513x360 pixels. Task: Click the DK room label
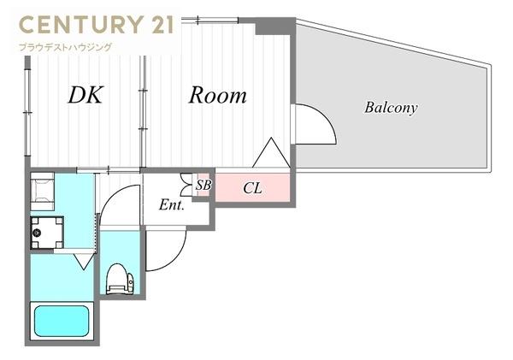click(85, 95)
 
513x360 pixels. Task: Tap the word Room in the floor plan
click(218, 95)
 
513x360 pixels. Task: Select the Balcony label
click(391, 108)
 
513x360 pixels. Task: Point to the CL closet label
click(252, 188)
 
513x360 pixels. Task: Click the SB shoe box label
click(203, 186)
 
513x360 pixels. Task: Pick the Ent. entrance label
click(172, 205)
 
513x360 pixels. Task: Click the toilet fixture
click(120, 279)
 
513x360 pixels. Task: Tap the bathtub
click(62, 321)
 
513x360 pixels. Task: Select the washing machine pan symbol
click(47, 233)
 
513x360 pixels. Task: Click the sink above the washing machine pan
click(43, 192)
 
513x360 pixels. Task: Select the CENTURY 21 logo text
click(97, 25)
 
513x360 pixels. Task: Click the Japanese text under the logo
click(66, 47)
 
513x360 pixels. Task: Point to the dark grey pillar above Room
click(274, 27)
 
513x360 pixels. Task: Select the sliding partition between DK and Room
click(143, 111)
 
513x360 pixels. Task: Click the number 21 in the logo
click(160, 25)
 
